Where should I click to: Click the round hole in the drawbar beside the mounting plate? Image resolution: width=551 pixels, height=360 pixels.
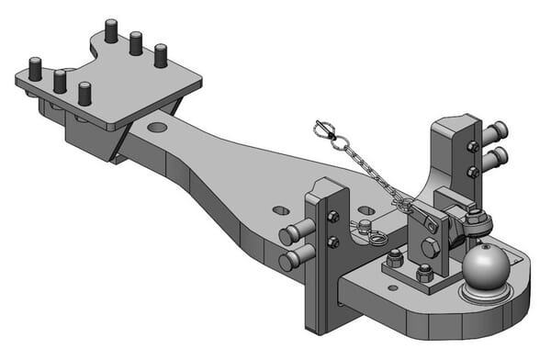[157, 127]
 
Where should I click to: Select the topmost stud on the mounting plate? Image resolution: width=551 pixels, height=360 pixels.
[111, 31]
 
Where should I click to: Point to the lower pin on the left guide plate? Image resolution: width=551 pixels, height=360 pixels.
[293, 259]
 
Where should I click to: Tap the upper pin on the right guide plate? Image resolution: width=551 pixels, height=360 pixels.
[497, 129]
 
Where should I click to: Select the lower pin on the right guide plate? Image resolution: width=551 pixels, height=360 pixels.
[492, 160]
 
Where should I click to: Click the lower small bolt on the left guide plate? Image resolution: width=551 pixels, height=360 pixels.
[332, 242]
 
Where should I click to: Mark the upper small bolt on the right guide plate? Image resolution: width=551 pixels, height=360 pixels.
[472, 146]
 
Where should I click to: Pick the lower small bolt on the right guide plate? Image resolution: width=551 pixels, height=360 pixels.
[472, 171]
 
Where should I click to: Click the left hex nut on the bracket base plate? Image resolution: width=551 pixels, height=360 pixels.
[395, 259]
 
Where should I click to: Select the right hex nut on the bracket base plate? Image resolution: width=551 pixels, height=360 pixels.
[424, 275]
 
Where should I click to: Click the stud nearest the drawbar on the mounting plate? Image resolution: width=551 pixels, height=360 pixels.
[85, 94]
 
